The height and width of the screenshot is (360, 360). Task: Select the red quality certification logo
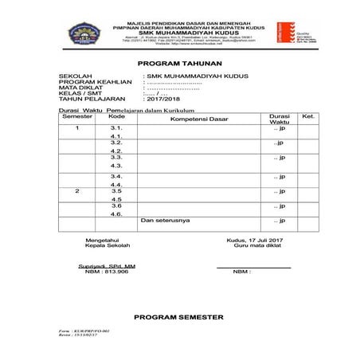tap(281, 32)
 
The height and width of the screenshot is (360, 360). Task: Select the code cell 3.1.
tap(116, 127)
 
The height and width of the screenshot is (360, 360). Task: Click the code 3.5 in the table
tap(116, 191)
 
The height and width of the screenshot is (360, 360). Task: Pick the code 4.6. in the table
tap(116, 214)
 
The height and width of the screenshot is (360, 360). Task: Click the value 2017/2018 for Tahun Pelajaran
tap(162, 100)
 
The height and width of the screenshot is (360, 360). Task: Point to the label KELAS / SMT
tap(76, 93)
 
